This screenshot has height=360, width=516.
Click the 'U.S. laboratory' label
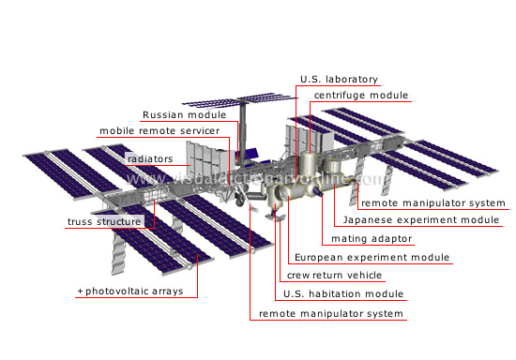click(339, 79)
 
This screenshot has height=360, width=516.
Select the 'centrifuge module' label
click(360, 96)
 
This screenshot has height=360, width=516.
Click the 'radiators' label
click(149, 158)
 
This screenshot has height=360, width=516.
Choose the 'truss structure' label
click(105, 222)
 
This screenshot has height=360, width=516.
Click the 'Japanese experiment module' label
click(422, 220)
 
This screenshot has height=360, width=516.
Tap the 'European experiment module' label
click(372, 258)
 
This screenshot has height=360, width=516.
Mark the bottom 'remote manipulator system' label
click(331, 313)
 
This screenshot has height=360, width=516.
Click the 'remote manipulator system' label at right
click(433, 202)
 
